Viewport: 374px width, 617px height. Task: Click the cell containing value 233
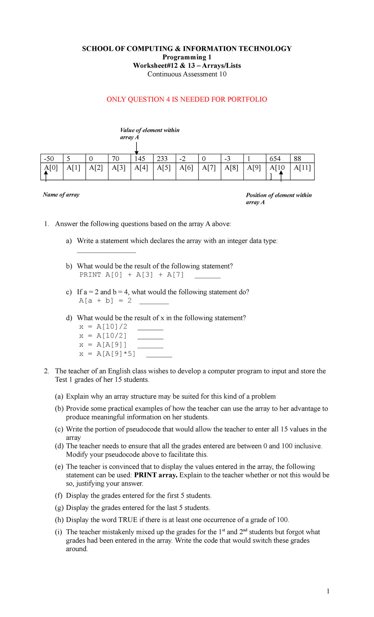pos(164,159)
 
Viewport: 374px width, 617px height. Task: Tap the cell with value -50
pos(52,159)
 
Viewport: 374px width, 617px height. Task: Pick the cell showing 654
pos(278,159)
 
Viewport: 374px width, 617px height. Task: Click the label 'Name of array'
pos(61,195)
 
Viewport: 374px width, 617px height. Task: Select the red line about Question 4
pos(187,99)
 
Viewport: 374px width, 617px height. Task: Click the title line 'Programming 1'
pos(187,57)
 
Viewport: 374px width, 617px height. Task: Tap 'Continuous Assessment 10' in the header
pos(187,74)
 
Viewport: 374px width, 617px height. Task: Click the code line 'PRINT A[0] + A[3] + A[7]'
pos(132,275)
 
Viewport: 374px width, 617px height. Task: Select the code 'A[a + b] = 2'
pos(105,301)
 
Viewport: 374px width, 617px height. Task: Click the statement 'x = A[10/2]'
pos(103,336)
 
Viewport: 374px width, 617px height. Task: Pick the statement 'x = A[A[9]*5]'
pos(107,354)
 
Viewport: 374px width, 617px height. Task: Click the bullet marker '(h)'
pos(59,520)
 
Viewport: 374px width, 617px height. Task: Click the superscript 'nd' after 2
pos(245,530)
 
